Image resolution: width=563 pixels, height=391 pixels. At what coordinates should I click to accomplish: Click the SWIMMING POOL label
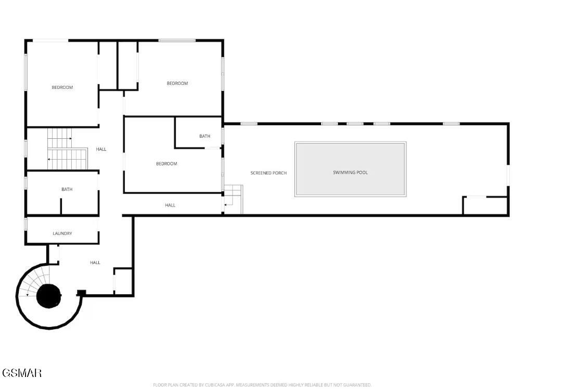[x=350, y=173]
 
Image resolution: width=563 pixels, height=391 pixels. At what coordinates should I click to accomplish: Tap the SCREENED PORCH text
[x=268, y=173]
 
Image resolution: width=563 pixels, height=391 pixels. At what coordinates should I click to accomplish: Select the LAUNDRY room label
[x=62, y=233]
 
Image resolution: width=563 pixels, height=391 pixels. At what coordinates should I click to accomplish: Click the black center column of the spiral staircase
[x=48, y=296]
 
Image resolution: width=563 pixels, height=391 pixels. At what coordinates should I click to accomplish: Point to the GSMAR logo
[x=21, y=373]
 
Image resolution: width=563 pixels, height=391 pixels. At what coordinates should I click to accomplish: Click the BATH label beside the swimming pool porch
[x=204, y=136]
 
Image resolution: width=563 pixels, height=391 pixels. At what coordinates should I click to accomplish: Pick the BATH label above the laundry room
[x=67, y=189]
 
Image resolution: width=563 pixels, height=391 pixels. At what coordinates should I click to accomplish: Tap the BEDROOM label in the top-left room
[x=62, y=87]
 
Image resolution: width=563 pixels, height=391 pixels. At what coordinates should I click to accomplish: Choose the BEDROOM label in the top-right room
[x=177, y=83]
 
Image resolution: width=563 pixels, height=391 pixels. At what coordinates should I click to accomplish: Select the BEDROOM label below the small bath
[x=167, y=164]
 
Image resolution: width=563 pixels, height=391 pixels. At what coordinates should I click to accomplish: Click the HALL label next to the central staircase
[x=101, y=149]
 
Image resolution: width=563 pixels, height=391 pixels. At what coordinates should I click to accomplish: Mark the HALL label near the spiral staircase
[x=95, y=263]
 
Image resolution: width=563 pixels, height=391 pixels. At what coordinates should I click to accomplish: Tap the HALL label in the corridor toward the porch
[x=170, y=205]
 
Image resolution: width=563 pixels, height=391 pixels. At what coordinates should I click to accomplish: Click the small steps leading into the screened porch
[x=234, y=200]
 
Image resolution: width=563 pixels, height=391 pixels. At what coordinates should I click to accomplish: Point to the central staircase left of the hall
[x=68, y=149]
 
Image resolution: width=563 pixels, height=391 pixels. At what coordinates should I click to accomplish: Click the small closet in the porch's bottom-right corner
[x=485, y=205]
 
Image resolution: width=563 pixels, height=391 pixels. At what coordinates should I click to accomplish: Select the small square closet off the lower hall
[x=123, y=281]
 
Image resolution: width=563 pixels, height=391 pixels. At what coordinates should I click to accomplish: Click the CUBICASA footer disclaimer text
[x=262, y=385]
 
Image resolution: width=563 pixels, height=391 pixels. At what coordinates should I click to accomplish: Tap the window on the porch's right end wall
[x=508, y=175]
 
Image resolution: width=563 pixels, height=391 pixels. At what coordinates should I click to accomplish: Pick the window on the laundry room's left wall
[x=26, y=224]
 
